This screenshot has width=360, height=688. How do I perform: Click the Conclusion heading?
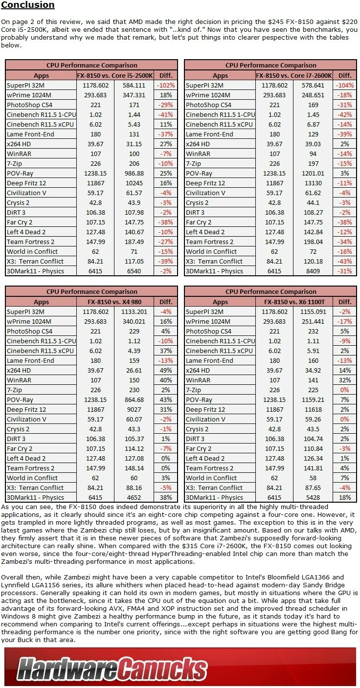(28, 5)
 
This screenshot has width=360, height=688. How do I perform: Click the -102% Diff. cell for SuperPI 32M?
(165, 86)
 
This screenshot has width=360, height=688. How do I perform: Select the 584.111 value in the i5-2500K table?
(134, 86)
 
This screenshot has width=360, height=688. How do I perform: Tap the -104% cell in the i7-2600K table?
(345, 86)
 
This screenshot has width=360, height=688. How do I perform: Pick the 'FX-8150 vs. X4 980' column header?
(114, 302)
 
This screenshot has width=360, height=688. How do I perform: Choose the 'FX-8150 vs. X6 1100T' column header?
(294, 302)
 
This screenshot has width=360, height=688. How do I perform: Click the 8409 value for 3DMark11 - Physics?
(313, 271)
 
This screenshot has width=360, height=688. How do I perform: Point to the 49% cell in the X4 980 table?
(165, 371)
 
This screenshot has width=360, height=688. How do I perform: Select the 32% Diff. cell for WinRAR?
(345, 380)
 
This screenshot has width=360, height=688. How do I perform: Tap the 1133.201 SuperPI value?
(134, 312)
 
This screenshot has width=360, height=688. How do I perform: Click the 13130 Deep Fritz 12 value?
(313, 183)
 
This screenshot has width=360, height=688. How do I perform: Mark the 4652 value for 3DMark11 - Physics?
(134, 498)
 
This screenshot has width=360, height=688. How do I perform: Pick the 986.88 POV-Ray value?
(134, 173)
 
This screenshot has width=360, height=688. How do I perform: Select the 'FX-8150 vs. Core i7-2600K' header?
(294, 75)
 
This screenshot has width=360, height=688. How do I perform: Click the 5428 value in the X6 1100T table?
(313, 498)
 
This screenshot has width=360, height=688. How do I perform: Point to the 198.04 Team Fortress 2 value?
(313, 242)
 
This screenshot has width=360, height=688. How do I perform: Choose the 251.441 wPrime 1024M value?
(313, 322)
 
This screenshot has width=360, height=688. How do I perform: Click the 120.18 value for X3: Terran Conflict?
(313, 262)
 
